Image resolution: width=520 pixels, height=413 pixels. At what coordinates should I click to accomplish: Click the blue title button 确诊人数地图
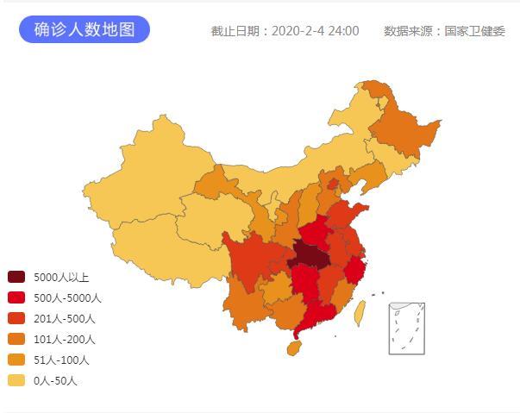(85, 29)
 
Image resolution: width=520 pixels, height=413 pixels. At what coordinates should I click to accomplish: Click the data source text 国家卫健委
(474, 31)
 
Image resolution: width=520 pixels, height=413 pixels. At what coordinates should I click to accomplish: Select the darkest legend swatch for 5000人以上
(16, 278)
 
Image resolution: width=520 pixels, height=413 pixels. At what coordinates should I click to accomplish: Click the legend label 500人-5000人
(67, 298)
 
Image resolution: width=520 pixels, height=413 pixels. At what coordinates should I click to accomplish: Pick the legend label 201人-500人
(65, 319)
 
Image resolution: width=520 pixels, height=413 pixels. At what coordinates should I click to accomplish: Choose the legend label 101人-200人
(65, 340)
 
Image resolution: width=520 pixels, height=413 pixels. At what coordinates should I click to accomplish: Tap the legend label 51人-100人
(62, 360)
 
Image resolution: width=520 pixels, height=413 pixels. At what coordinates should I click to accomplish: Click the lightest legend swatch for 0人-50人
(16, 381)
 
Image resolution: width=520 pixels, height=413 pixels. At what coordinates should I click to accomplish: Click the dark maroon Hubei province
(310, 257)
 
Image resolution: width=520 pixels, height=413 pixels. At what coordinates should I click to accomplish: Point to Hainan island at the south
(294, 347)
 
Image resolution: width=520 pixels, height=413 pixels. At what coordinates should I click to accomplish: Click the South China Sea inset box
(407, 328)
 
